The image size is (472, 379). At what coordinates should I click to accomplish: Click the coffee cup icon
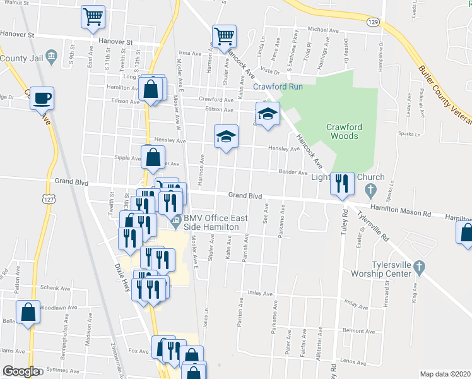point(42,99)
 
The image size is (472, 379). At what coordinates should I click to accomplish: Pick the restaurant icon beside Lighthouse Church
point(341,183)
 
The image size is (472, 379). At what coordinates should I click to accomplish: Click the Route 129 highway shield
point(374,22)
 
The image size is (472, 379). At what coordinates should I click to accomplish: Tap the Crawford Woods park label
point(343,131)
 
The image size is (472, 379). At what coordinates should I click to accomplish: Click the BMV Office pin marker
point(177,224)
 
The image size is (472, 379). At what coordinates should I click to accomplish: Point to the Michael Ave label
point(323,30)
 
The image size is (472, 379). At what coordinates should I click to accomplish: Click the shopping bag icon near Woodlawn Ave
point(28,313)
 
